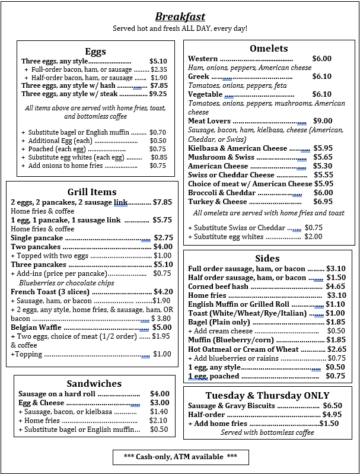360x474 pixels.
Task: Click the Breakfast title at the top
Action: pyautogui.click(x=180, y=17)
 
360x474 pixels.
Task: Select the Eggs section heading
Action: pyautogui.click(x=95, y=51)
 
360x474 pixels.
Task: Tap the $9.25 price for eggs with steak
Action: pyautogui.click(x=158, y=94)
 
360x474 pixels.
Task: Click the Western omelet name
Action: pyautogui.click(x=203, y=59)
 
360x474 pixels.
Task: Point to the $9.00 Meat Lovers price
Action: pyautogui.click(x=323, y=121)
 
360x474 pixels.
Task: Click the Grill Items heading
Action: pyautogui.click(x=92, y=192)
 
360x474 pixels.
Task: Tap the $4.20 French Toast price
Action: pyautogui.click(x=163, y=292)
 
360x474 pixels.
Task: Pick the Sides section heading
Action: pyautogui.click(x=267, y=258)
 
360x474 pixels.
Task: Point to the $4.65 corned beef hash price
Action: pyautogui.click(x=336, y=287)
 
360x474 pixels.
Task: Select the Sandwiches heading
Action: pyautogui.click(x=94, y=384)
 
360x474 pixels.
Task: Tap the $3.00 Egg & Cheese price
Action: pyautogui.click(x=160, y=403)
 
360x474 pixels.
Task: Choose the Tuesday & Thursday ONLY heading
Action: pyautogui.click(x=267, y=396)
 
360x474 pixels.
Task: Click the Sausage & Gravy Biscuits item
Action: pyautogui.click(x=231, y=406)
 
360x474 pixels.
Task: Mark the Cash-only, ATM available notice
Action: pyautogui.click(x=180, y=456)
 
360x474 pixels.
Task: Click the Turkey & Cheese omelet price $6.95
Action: pyautogui.click(x=323, y=202)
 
